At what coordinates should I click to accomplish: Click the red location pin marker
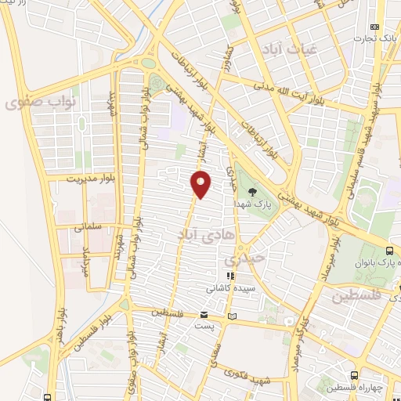click(200, 185)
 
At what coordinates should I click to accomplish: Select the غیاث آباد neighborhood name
click(292, 48)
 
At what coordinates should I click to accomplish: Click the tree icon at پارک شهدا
click(252, 191)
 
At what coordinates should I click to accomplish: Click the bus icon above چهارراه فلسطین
click(355, 375)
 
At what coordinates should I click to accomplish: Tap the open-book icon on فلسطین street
click(231, 316)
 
